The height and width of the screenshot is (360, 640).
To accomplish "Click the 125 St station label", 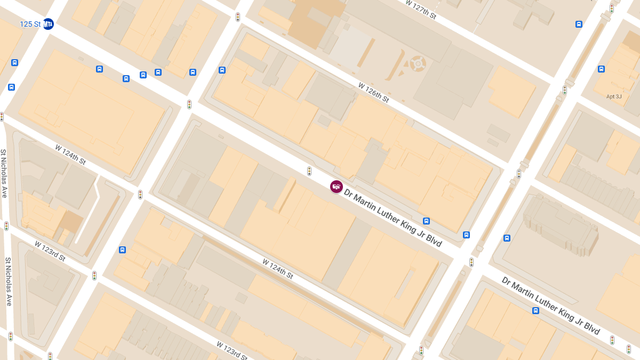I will pos(30,25).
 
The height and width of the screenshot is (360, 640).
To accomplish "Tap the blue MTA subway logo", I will pos(49,24).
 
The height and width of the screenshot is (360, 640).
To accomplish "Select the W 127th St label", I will pos(420,10).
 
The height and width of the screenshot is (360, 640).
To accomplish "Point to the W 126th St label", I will pos(373,92).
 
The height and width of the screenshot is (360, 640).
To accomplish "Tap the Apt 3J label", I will pos(614,97).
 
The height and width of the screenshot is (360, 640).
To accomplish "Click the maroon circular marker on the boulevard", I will pos(336,187).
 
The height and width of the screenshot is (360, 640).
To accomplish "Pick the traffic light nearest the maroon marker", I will pos(309,171).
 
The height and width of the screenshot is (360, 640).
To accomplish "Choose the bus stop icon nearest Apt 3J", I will pos(601,69).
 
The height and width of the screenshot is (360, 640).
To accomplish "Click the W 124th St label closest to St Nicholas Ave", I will pos(70,154).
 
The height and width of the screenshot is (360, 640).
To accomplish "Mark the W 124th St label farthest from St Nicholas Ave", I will pos(277,269).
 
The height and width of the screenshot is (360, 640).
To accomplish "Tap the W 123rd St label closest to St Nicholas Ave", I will pos(50,251).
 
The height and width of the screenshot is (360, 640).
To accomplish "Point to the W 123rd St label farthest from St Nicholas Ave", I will pos(231,350).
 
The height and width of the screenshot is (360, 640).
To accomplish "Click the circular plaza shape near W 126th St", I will pos(418,64).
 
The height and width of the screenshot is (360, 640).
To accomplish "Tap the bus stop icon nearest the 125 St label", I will pos(14,62).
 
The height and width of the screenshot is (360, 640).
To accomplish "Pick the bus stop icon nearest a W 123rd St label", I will pos(122,250).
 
